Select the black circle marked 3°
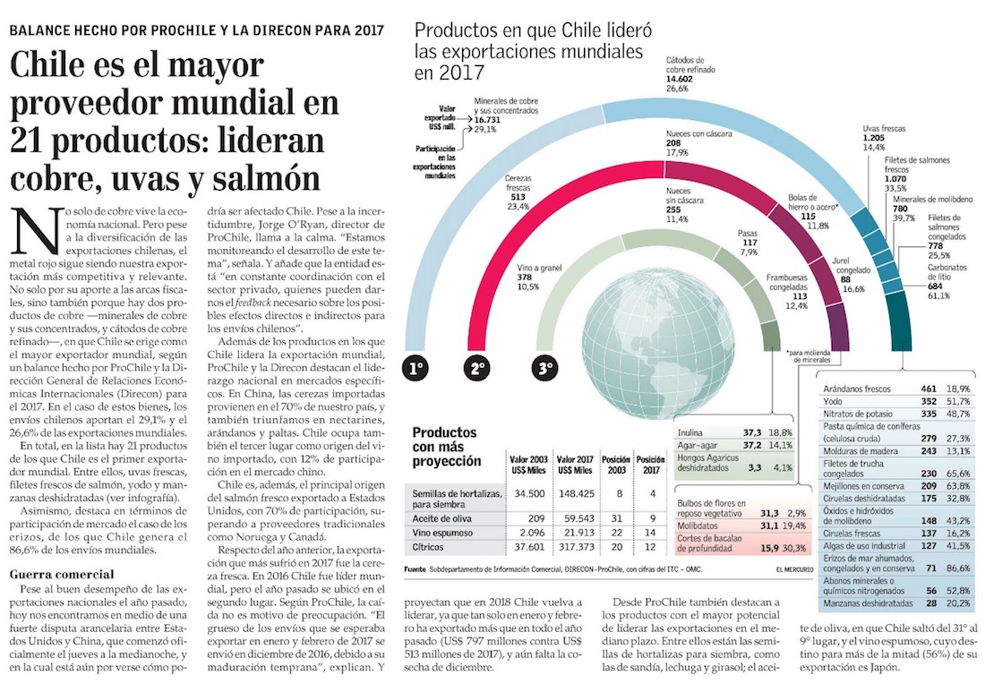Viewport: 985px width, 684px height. [543, 367]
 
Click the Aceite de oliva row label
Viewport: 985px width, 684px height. [439, 517]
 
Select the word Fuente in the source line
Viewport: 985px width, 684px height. [415, 569]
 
